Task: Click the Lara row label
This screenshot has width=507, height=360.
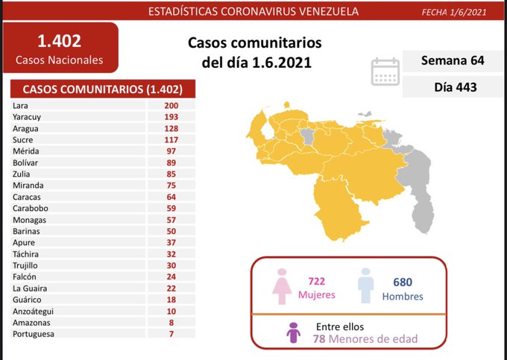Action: tap(21, 105)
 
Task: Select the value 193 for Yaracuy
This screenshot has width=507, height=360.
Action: tap(171, 117)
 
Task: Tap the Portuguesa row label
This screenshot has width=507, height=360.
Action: tap(34, 334)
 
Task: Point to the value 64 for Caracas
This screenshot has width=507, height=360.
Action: tap(171, 197)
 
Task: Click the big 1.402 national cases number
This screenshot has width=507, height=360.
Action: tap(59, 41)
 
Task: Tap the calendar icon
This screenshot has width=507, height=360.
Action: tap(386, 72)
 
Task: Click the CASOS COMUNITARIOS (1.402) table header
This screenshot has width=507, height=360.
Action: tap(104, 89)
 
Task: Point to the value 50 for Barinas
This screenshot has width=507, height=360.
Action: tap(171, 231)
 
